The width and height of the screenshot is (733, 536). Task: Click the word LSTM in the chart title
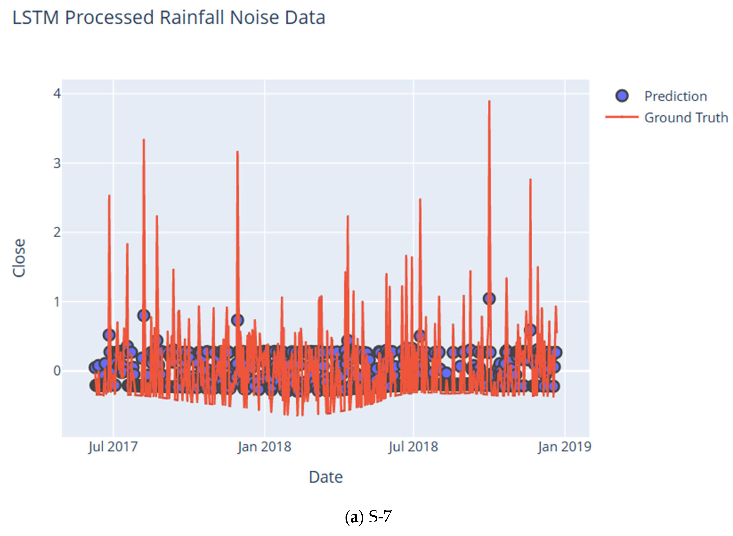pyautogui.click(x=36, y=18)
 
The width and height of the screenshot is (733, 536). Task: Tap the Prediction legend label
pyautogui.click(x=675, y=96)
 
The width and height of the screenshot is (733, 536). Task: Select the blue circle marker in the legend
pyautogui.click(x=621, y=96)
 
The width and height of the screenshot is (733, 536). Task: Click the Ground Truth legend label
pyautogui.click(x=686, y=117)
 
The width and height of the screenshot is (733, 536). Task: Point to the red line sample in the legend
pyautogui.click(x=621, y=117)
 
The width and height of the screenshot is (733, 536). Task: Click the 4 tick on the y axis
pyautogui.click(x=57, y=94)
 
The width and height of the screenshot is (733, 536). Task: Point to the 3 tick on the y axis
pyautogui.click(x=57, y=163)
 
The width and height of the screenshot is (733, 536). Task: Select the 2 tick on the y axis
pyautogui.click(x=57, y=232)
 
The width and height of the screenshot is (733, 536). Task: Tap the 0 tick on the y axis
pyautogui.click(x=57, y=371)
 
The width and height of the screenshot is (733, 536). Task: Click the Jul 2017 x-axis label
pyautogui.click(x=113, y=447)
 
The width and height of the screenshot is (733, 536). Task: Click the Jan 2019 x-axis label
pyautogui.click(x=564, y=447)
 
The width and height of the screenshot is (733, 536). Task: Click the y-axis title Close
pyautogui.click(x=19, y=258)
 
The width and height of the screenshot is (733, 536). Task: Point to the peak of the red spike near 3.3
pyautogui.click(x=144, y=140)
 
